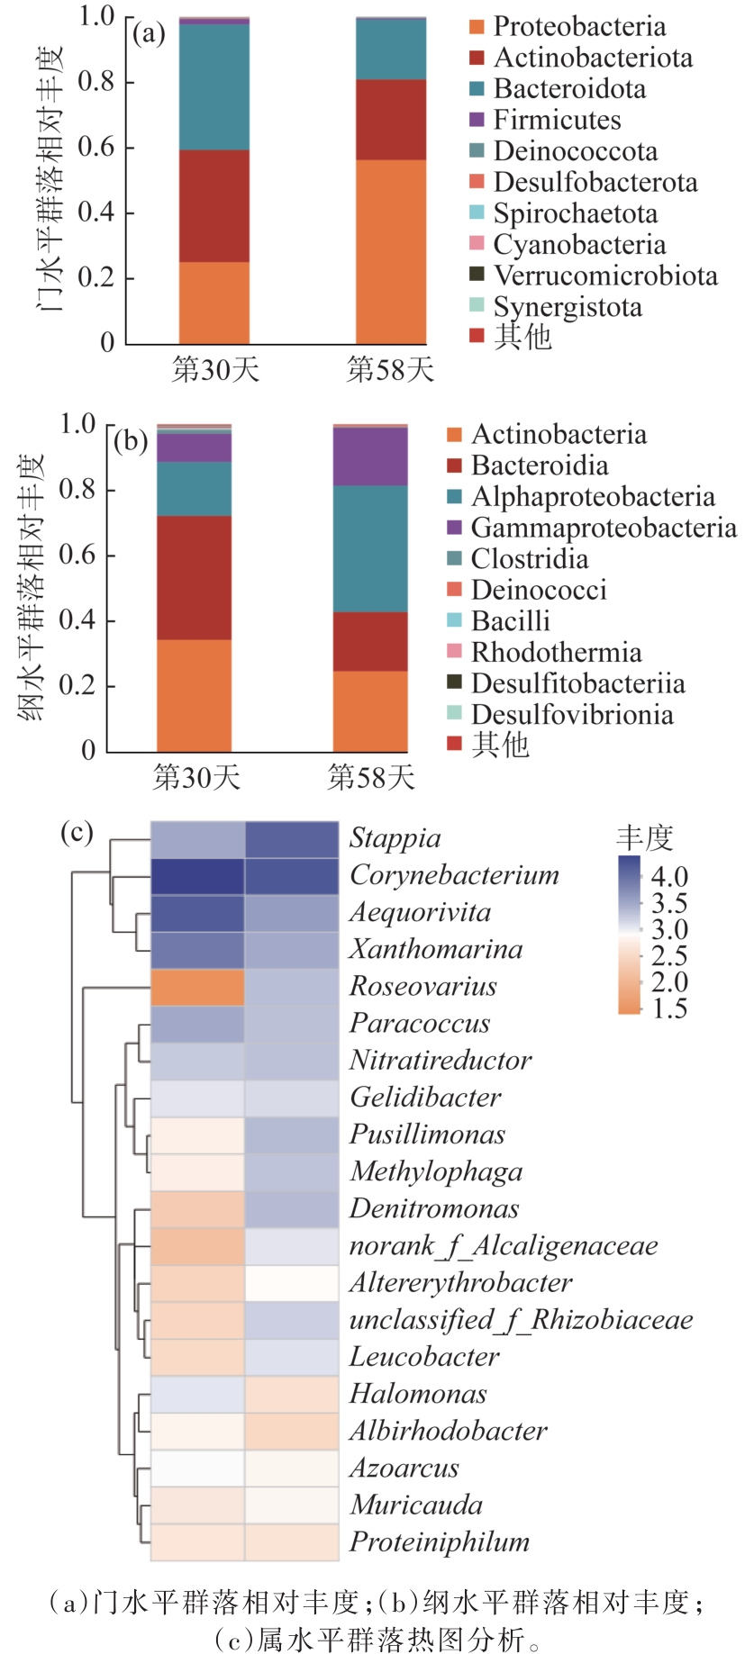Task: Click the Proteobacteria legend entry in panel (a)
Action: [579, 27]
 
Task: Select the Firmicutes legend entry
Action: [557, 120]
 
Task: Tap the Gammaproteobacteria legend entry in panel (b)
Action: [603, 528]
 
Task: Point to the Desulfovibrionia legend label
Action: [571, 715]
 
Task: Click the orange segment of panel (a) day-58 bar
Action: [390, 252]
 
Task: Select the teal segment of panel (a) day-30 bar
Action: [214, 87]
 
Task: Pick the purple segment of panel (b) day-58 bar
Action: [370, 456]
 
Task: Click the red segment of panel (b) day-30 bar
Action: [195, 578]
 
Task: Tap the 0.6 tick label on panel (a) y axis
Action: [95, 147]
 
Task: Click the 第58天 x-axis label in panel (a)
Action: [390, 369]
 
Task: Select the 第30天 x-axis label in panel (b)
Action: [196, 777]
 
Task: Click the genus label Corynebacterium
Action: [454, 875]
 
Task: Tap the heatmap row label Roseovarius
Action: [422, 987]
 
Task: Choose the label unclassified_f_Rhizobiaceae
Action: [521, 1320]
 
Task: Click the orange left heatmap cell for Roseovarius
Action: [197, 987]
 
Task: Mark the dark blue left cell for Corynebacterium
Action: [197, 876]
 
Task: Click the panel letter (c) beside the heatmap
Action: [77, 832]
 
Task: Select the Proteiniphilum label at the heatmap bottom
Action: [439, 1542]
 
